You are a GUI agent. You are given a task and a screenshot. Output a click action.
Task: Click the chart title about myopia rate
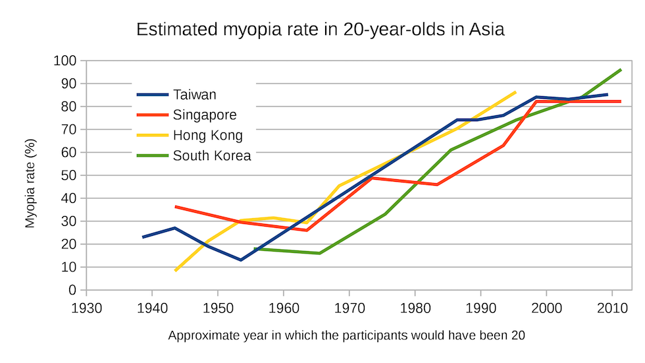click(320, 30)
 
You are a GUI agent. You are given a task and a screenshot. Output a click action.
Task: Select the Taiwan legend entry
click(194, 95)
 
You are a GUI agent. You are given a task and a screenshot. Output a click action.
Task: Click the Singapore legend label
click(205, 115)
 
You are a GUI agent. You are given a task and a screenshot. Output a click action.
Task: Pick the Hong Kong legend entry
click(207, 136)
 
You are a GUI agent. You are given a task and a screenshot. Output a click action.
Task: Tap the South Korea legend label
click(212, 156)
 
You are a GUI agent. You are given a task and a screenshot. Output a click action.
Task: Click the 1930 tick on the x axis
click(86, 306)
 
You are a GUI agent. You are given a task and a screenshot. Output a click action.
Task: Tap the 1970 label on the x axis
click(349, 306)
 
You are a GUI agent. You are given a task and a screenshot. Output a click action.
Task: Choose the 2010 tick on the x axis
click(612, 306)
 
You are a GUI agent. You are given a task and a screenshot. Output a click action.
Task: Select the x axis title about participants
click(347, 335)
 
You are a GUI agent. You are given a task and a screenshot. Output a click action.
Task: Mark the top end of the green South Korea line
click(620, 70)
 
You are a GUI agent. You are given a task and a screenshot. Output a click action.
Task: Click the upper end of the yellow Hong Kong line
click(515, 92)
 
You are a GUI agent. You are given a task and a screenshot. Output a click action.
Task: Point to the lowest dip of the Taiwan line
click(241, 260)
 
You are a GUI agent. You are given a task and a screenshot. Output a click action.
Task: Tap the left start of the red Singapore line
click(176, 207)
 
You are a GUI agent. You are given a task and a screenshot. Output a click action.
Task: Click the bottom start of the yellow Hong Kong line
click(176, 270)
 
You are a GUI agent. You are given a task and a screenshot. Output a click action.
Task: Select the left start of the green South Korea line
click(255, 249)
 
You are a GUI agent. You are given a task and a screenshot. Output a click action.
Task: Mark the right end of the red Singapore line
click(620, 101)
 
